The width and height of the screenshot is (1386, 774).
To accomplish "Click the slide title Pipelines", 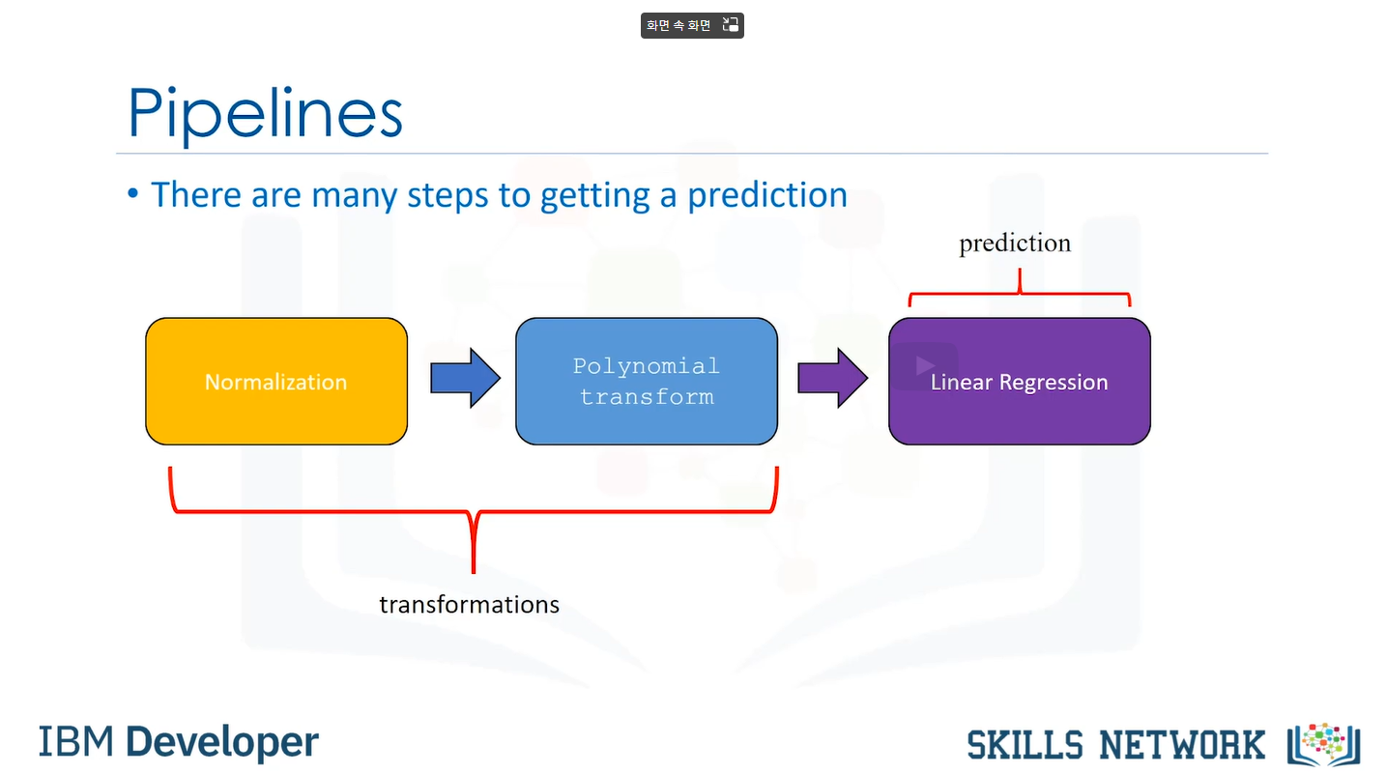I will pos(265,114).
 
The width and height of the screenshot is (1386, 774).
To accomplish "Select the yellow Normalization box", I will pos(276,382).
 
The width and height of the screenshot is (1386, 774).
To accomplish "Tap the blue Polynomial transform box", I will pos(646,382).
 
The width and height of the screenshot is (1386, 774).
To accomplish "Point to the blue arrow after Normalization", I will pos(465,377).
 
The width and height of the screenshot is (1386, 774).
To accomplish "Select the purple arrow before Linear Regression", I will pos(832,377).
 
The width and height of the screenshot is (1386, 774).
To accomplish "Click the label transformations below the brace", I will pos(469,605).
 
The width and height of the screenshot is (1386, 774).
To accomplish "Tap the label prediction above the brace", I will pos(1015,243).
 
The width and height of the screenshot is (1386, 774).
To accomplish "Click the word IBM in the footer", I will pos(76,741).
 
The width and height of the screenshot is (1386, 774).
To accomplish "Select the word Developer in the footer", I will pos(222,741).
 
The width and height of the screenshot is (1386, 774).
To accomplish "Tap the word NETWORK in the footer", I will pos(1181,745).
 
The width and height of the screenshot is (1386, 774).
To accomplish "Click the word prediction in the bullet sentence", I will pos(767,195).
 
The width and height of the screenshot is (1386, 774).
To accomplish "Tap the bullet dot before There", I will pos(133,195).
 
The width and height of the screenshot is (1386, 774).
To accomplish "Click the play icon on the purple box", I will pos(925,365).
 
